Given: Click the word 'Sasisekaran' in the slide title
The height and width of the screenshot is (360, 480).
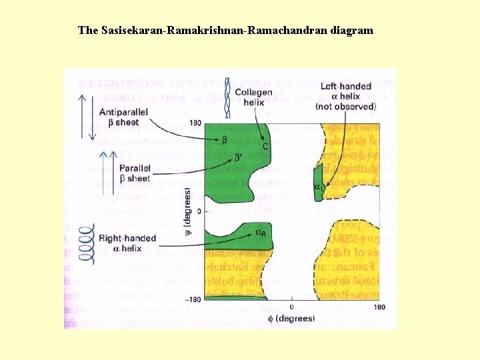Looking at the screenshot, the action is point(133,30).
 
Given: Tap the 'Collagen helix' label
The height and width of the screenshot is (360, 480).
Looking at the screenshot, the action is point(257,97).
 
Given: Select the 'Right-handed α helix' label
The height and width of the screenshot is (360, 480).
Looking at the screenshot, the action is point(127,243).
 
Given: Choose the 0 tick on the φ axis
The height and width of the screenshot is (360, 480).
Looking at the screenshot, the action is point(291,307).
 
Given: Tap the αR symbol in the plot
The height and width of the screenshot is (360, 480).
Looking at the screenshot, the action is point(263,233).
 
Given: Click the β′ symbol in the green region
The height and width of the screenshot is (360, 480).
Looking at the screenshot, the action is point(239,157).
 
